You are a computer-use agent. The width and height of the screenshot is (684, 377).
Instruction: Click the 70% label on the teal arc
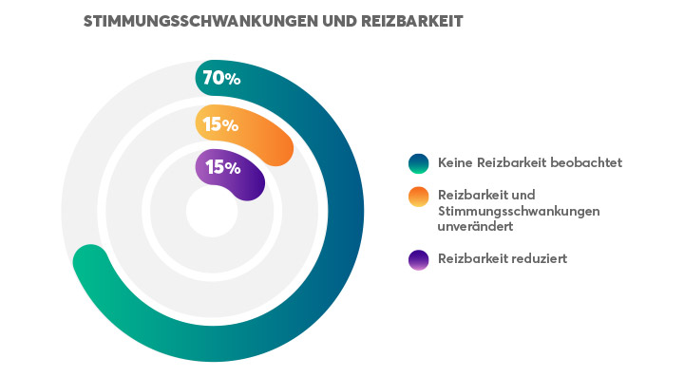click(221, 79)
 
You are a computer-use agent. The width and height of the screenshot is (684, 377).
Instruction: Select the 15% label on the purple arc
click(222, 167)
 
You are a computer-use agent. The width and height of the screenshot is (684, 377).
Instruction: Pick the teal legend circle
click(418, 163)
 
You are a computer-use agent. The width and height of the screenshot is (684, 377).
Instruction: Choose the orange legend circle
click(418, 197)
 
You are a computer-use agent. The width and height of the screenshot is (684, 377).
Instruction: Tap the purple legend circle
click(418, 259)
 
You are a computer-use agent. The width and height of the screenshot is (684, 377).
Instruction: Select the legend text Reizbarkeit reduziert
click(502, 258)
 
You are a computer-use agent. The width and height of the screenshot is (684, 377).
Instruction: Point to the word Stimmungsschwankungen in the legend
click(518, 210)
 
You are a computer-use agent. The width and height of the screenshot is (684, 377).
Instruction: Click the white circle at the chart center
click(212, 211)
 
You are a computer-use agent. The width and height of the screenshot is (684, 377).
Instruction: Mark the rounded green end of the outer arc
click(90, 261)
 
